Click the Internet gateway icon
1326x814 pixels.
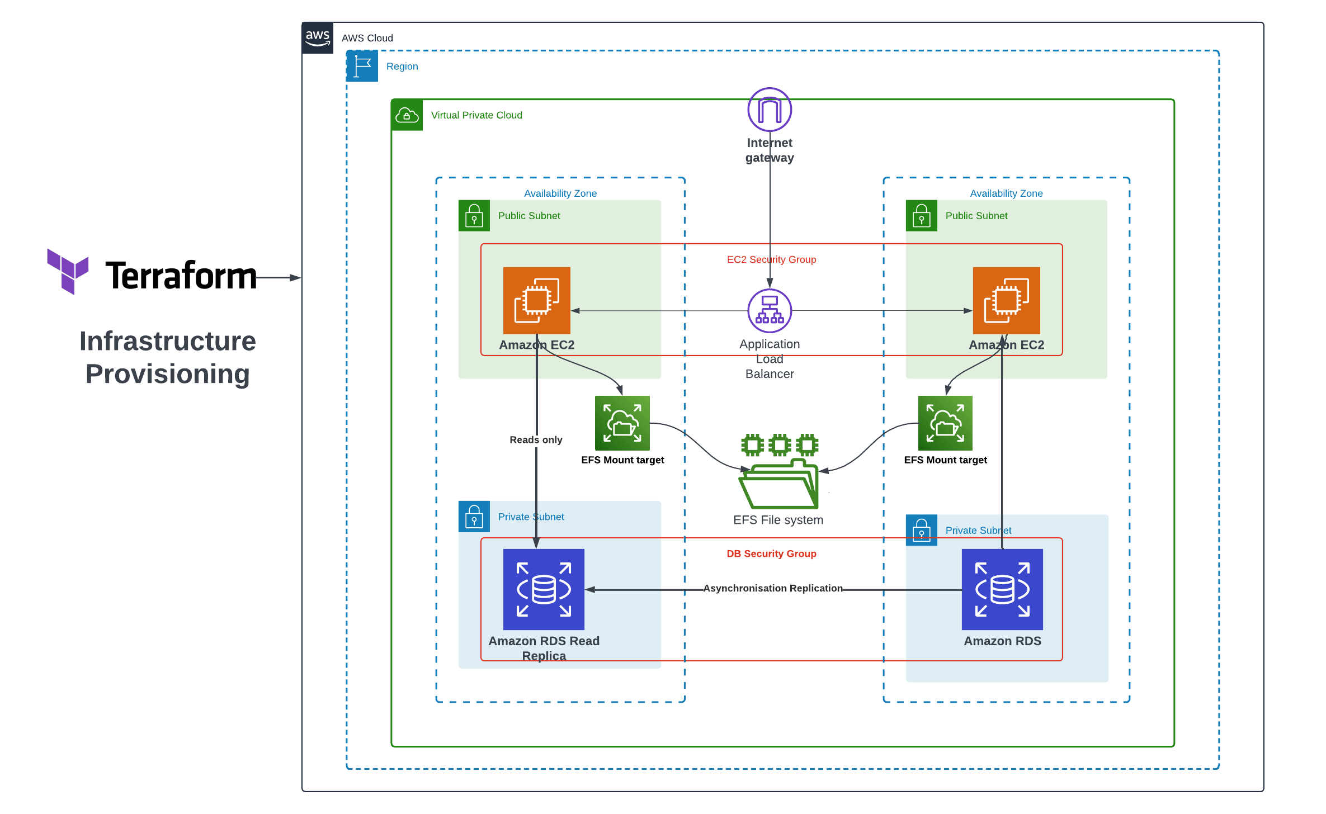[770, 110]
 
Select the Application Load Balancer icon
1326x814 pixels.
[770, 310]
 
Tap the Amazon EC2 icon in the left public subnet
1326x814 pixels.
[536, 300]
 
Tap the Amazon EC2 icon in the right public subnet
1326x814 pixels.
[1006, 300]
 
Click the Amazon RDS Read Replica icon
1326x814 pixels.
[544, 589]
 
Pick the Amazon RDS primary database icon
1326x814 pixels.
[1002, 589]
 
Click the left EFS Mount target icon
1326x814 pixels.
[622, 423]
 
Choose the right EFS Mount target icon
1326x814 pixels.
[945, 423]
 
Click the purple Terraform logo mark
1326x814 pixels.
[68, 271]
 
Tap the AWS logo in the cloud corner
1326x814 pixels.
[318, 38]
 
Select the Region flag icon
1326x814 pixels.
[362, 66]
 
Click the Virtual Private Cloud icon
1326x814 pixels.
[407, 115]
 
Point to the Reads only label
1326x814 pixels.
[536, 440]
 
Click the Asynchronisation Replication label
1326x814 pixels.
[772, 588]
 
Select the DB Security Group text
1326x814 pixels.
[771, 553]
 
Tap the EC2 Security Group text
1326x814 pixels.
[771, 259]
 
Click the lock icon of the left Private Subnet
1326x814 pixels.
[474, 516]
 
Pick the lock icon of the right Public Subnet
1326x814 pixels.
[921, 216]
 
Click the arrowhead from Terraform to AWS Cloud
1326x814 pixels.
[295, 277]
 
